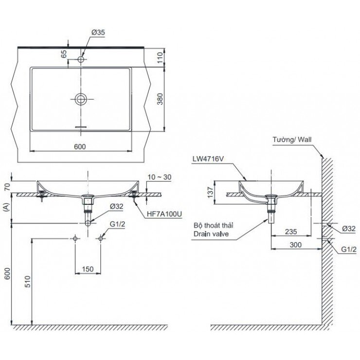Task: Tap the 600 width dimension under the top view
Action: click(x=81, y=145)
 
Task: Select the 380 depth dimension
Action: click(x=166, y=100)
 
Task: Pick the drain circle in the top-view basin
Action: click(x=81, y=99)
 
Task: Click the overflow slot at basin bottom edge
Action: click(x=81, y=127)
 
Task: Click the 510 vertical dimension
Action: click(x=28, y=282)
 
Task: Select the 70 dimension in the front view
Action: click(x=7, y=186)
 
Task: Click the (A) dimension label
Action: click(x=7, y=208)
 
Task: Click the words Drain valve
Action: click(x=212, y=234)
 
